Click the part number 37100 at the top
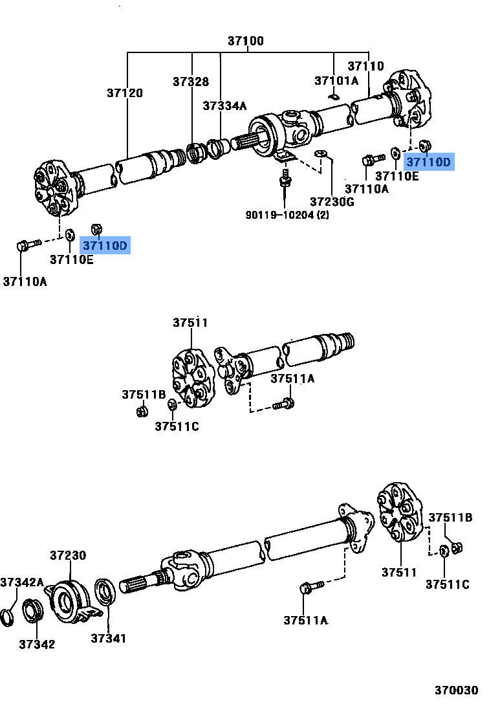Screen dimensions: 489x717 click(245, 41)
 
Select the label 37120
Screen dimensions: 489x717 click(125, 93)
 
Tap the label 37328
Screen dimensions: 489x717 click(191, 82)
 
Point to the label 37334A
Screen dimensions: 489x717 click(224, 106)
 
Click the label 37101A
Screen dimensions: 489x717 click(336, 81)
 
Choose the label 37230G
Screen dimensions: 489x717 click(332, 202)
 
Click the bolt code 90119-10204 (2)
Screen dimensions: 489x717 click(287, 215)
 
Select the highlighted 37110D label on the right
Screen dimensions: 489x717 click(429, 162)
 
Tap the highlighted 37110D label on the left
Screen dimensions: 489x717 click(105, 245)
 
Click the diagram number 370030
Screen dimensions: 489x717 click(456, 690)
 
